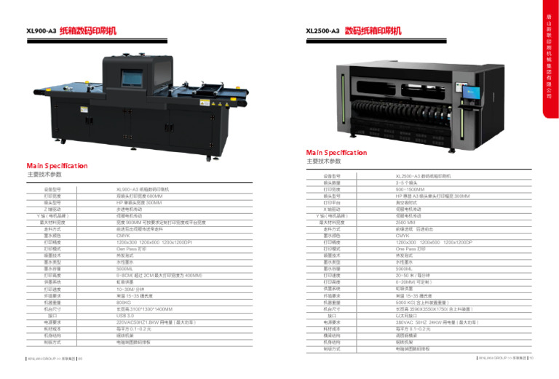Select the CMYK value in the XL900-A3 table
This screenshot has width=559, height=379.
pos(124,236)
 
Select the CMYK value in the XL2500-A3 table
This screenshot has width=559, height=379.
pos(403,236)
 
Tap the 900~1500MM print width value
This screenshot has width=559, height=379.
pos(411,188)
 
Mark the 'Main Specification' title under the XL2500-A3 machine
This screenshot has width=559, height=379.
pos(336,153)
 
